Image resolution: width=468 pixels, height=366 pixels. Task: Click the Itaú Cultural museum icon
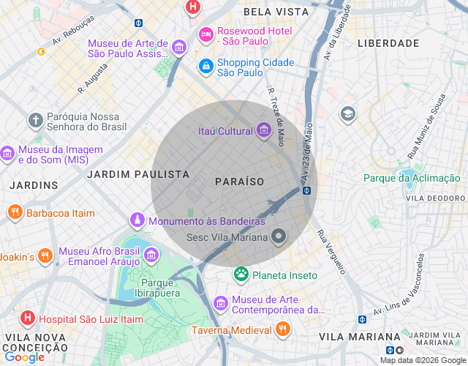click(264, 131)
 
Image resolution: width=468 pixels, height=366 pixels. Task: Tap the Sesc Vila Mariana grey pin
click(278, 236)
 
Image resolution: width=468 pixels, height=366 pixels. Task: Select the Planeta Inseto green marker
click(241, 274)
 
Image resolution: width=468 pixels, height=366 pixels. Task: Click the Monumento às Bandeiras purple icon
click(137, 220)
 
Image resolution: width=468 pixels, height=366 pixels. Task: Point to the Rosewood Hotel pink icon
click(206, 34)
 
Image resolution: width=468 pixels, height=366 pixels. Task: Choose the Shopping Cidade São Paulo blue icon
click(206, 67)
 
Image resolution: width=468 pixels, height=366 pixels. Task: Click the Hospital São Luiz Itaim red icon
click(27, 318)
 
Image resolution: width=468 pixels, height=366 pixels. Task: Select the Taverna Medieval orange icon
click(282, 329)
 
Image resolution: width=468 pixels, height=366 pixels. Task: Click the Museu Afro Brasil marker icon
click(151, 255)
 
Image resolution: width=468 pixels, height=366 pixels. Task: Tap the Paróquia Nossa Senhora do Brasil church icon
click(35, 119)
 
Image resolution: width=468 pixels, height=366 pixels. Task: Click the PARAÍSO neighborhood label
click(239, 181)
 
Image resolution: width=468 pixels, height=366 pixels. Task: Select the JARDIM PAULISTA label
click(138, 174)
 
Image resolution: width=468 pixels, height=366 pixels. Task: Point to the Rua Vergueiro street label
click(331, 253)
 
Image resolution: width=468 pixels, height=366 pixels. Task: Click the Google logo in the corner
click(24, 356)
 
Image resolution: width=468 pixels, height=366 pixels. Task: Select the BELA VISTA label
click(272, 12)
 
